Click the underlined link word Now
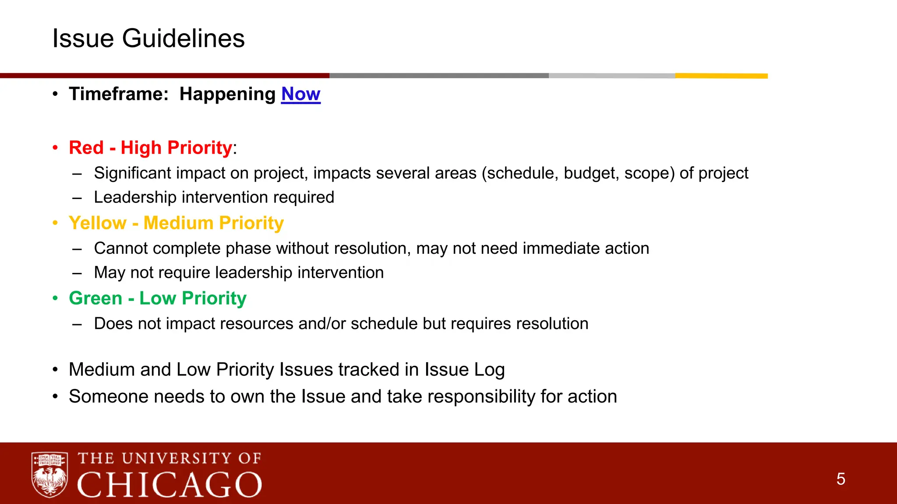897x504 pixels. coord(300,94)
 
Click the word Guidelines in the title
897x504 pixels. coord(183,38)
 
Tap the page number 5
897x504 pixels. coord(840,479)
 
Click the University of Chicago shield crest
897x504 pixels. coord(49,475)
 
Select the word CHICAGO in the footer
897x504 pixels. coord(170,485)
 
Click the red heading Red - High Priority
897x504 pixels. coord(150,148)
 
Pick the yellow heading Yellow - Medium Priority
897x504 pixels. coord(176,223)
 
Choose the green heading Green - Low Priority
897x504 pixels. coord(158,298)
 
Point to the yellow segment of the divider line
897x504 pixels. coord(721,76)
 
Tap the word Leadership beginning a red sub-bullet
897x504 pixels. coord(135,197)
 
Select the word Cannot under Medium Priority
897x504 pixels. coord(121,248)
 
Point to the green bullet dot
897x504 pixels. coord(55,298)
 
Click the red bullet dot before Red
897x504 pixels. coord(55,148)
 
